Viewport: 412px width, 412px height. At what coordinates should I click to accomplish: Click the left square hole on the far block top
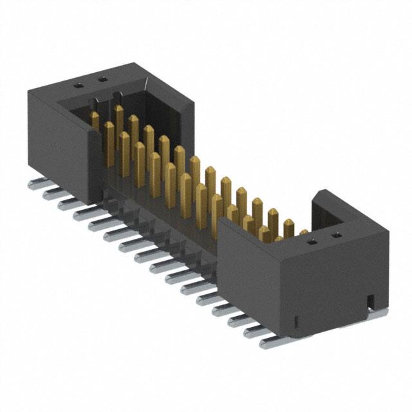[79, 84]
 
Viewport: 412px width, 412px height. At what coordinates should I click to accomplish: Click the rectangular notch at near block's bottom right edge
[370, 300]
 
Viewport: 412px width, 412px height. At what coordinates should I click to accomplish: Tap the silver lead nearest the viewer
[270, 341]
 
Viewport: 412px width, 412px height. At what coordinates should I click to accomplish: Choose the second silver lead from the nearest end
[255, 330]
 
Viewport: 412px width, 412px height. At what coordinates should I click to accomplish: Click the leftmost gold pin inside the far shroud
[95, 120]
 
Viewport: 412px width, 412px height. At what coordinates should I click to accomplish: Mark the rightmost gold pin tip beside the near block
[303, 232]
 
